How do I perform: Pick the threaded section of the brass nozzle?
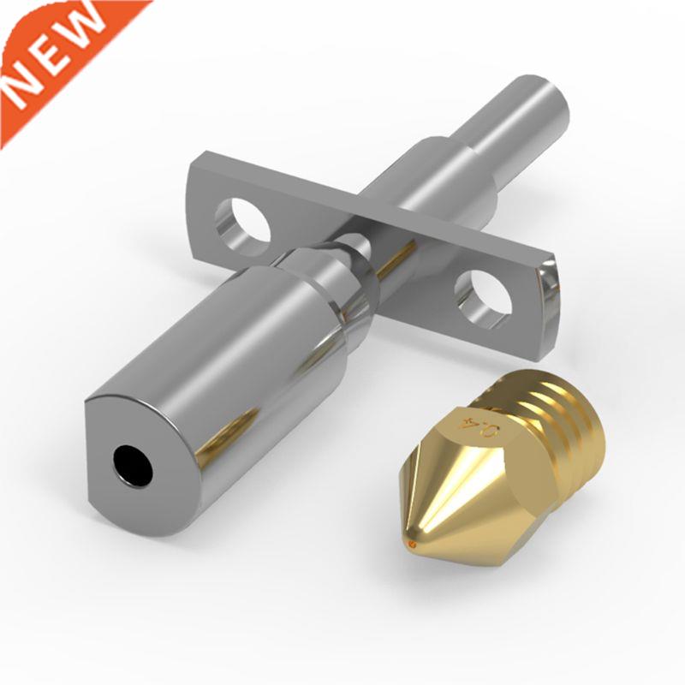click(x=565, y=428)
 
